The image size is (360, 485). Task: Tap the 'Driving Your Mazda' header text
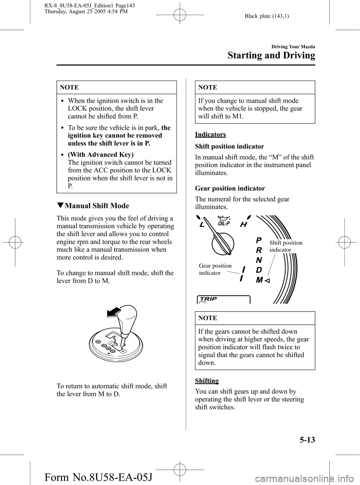tap(292, 47)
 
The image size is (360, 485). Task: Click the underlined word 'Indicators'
tap(210, 134)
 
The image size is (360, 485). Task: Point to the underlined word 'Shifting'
tap(207, 381)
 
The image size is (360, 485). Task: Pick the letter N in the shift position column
tap(259, 260)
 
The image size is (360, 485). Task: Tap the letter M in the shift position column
tap(259, 280)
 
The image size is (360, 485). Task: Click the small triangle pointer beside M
tap(268, 280)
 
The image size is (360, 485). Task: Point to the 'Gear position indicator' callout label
tap(215, 269)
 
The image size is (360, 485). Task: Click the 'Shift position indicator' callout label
tap(286, 246)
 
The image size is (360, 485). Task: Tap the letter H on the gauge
tap(244, 224)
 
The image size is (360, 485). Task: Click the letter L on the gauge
tap(202, 225)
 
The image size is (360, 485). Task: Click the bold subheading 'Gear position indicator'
tap(230, 188)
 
